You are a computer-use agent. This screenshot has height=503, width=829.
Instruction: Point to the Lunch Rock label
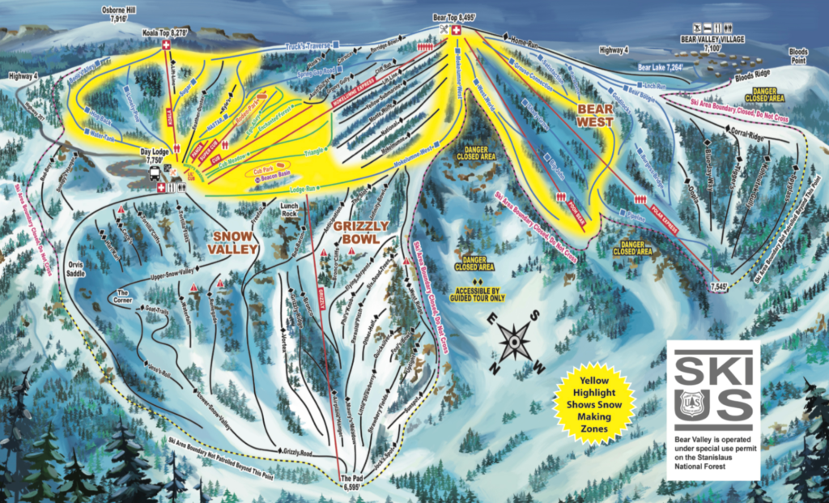[291, 210]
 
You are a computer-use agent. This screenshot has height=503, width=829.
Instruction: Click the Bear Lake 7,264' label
[661, 68]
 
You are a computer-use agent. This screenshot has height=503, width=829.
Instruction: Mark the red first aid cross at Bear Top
[457, 31]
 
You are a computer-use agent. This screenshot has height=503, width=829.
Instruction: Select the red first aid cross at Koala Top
[168, 45]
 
